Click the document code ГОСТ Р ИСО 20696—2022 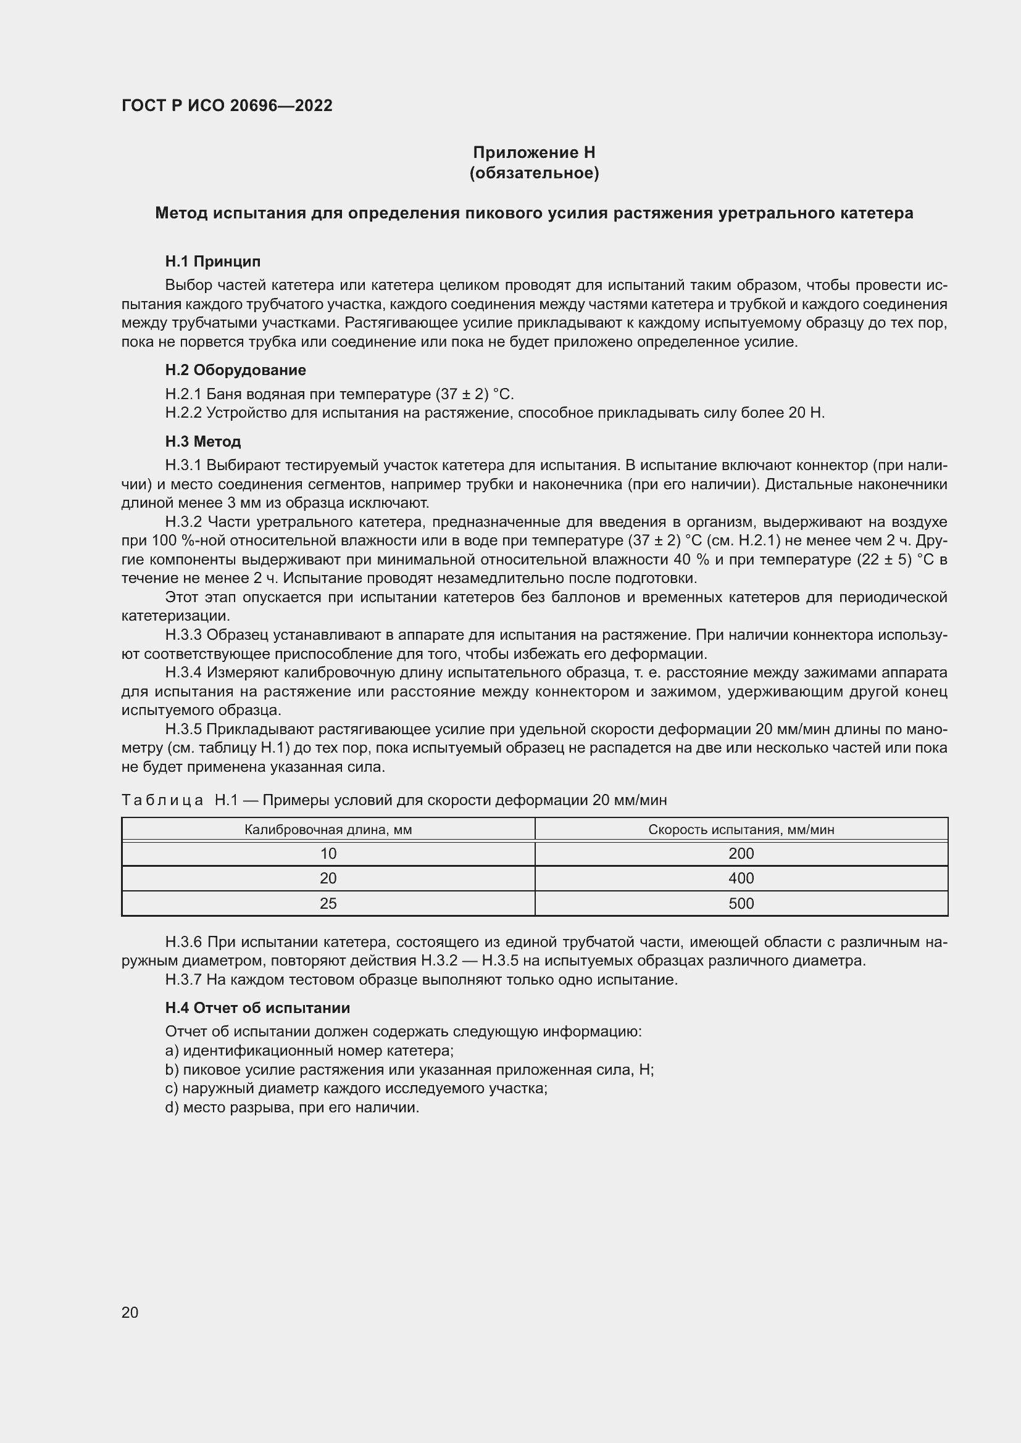(227, 105)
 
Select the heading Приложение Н (534, 152)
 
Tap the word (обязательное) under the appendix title (534, 173)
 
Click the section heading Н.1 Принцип (212, 262)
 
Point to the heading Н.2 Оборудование (235, 370)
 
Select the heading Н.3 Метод (202, 442)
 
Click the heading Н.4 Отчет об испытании (257, 1008)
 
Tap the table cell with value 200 (741, 853)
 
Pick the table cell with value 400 (741, 878)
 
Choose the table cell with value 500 (741, 903)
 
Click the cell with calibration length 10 (328, 853)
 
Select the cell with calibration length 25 (328, 903)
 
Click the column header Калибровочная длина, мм (328, 830)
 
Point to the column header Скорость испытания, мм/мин (741, 830)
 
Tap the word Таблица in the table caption (162, 800)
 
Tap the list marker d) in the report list (172, 1107)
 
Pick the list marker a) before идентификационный (172, 1051)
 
